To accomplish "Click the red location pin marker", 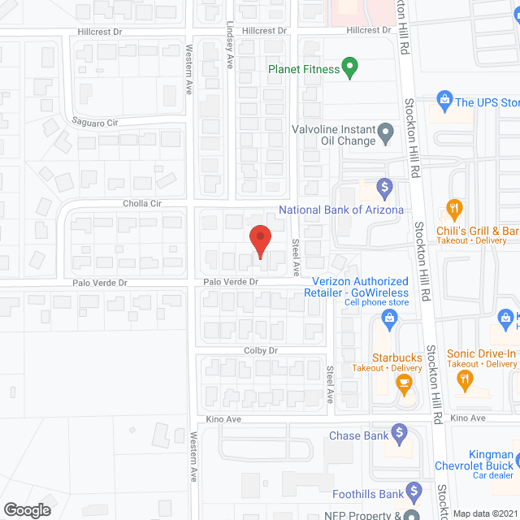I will point(260,240).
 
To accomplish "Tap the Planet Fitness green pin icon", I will point(350,68).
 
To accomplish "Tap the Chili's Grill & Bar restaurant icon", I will point(455,210).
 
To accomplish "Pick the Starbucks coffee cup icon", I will point(402,382).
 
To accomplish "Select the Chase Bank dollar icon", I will point(399,431).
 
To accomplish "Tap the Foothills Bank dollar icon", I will point(414,492).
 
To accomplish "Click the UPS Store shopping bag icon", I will point(444,101).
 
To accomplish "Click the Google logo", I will point(27,509).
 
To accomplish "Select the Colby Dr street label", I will point(262,350).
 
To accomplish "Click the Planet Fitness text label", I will point(304,69).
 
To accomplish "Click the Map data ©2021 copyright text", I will point(484,513).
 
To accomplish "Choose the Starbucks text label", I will point(396,357).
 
